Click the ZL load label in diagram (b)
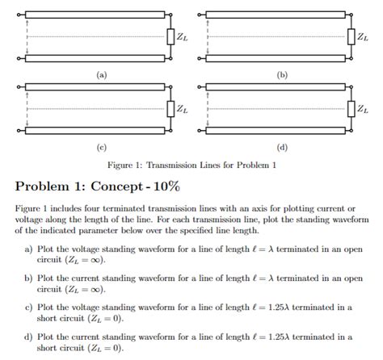point(363,37)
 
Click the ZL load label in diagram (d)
point(363,108)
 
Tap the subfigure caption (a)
point(100,75)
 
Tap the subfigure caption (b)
point(282,75)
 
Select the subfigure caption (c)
point(100,147)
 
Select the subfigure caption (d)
point(282,147)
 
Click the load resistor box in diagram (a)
point(170,36)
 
